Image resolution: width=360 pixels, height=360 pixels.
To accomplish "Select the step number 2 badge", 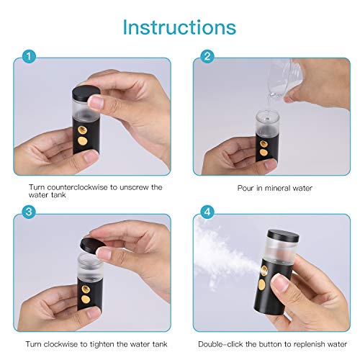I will pyautogui.click(x=206, y=55).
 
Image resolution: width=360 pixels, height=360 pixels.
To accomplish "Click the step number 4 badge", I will pyautogui.click(x=206, y=211).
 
